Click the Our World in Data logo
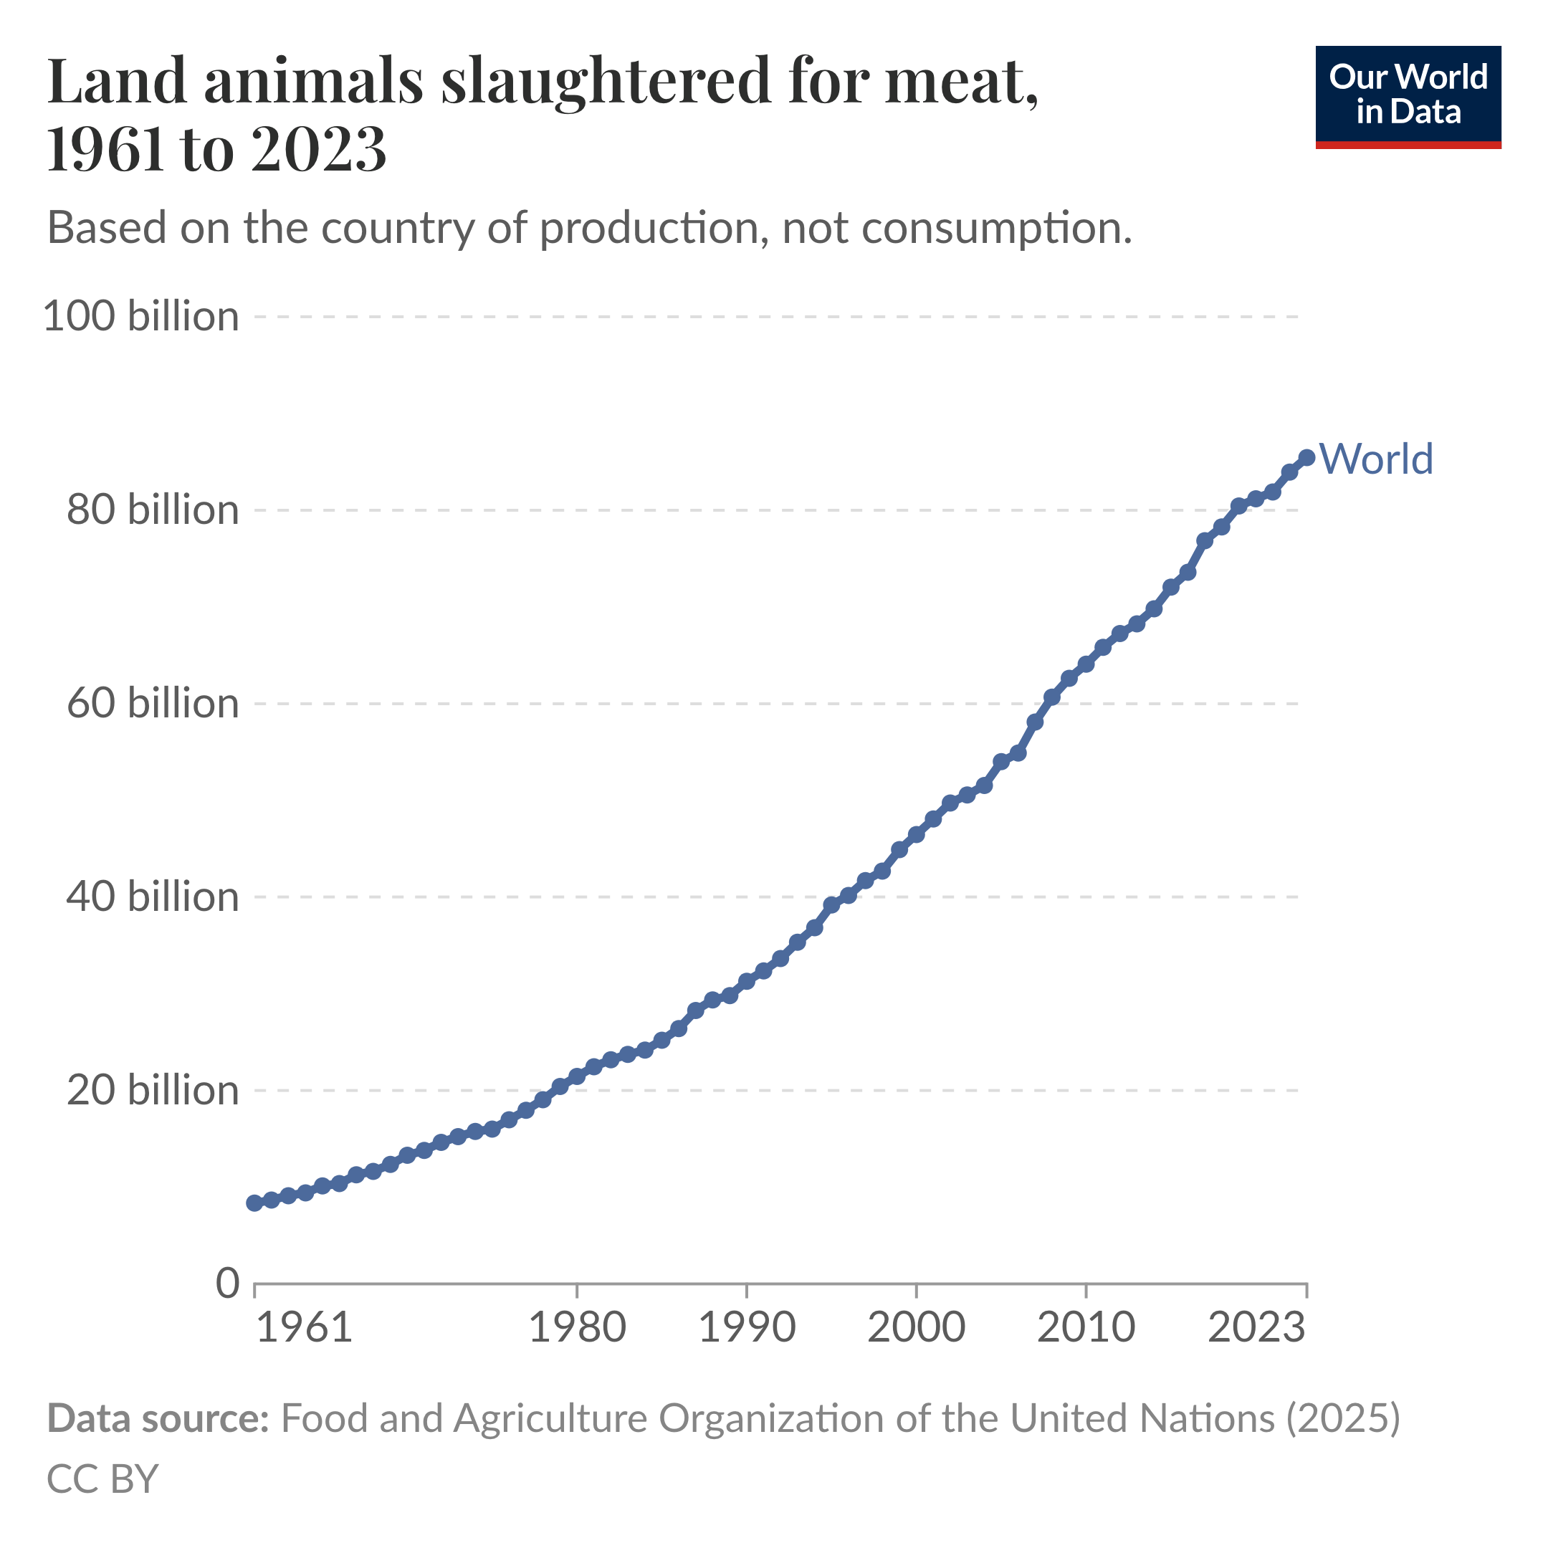[x=1408, y=97]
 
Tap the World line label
[x=1376, y=459]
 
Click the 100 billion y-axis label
[x=141, y=317]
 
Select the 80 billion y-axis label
[x=152, y=510]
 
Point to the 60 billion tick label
[x=152, y=704]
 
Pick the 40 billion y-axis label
[x=152, y=897]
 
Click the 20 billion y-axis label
[x=152, y=1091]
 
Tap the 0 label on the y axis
[x=228, y=1284]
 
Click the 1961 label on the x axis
[x=304, y=1328]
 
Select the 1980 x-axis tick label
[x=577, y=1328]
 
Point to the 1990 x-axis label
[x=747, y=1328]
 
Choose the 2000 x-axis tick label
[x=916, y=1328]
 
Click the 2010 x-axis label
[x=1086, y=1328]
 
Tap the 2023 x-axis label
[x=1256, y=1328]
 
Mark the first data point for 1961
[x=255, y=1203]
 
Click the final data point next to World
[x=1306, y=457]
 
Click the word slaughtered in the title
[x=606, y=82]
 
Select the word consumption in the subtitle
[x=997, y=229]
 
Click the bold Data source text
[x=158, y=1418]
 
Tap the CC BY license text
[x=102, y=1478]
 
